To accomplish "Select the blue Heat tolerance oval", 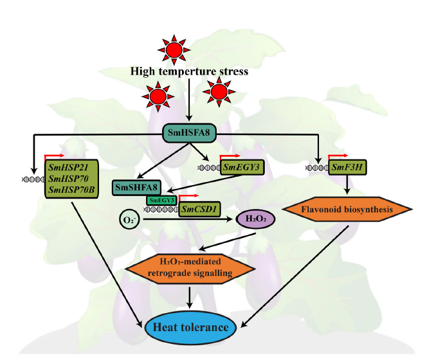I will (190, 328).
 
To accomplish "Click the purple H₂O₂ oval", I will (256, 219).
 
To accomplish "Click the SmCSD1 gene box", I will (197, 210).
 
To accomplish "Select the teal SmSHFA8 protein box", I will (137, 187).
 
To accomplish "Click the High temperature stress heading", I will (189, 71).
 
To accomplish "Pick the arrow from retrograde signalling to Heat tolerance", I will (190, 296).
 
